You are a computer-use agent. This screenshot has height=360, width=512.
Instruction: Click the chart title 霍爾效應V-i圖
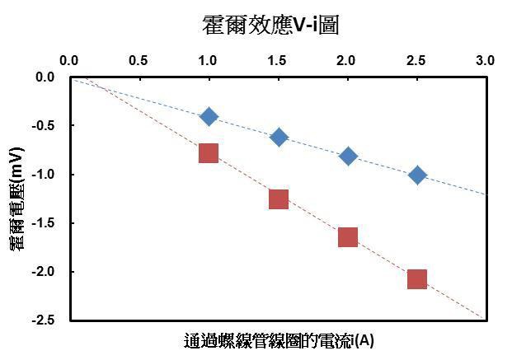click(x=271, y=26)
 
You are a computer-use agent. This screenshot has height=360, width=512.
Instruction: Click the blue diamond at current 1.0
click(x=209, y=116)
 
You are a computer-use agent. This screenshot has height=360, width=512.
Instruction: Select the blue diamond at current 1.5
click(x=279, y=137)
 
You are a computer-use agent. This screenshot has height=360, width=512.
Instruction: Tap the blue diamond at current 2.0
click(x=348, y=156)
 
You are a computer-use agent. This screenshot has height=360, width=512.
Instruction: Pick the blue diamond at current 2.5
click(x=417, y=175)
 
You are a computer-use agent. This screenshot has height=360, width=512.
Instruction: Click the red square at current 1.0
click(x=209, y=152)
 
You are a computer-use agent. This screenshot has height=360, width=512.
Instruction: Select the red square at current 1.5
click(x=279, y=199)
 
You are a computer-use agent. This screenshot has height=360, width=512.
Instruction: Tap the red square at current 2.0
click(x=348, y=237)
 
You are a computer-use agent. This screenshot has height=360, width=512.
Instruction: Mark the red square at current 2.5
click(x=417, y=279)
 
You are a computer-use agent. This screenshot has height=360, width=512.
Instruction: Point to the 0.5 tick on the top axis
click(x=139, y=60)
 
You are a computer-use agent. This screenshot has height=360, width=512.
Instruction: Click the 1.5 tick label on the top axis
click(x=278, y=60)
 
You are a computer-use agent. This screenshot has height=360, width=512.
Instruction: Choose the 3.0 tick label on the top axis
click(x=486, y=60)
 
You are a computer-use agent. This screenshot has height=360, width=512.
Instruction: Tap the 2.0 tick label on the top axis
click(x=347, y=60)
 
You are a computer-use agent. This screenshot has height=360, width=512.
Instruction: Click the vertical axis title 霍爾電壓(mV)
click(x=16, y=199)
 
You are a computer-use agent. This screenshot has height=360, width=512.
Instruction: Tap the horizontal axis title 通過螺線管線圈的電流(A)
click(x=279, y=340)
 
